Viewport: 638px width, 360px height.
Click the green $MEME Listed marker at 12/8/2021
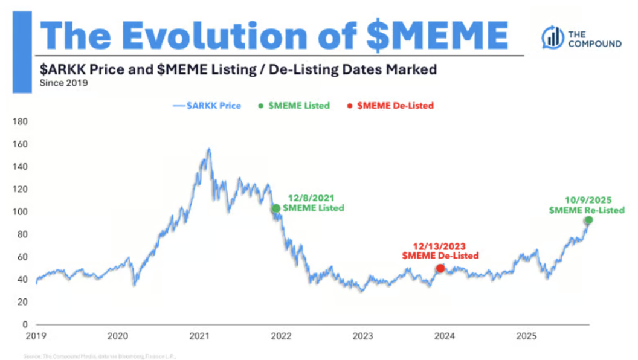(276, 208)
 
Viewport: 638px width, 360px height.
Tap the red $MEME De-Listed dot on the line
(440, 268)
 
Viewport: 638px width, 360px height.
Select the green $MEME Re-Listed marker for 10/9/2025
(588, 220)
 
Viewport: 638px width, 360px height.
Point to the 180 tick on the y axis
(21, 121)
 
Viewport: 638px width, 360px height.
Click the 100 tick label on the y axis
(21, 212)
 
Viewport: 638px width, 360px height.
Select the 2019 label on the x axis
(36, 336)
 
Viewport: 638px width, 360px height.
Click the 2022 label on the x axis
(281, 336)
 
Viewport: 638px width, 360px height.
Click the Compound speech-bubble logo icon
(551, 37)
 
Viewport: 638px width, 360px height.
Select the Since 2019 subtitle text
(64, 83)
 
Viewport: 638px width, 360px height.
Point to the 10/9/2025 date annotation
(587, 199)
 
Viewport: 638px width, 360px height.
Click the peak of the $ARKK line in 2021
(209, 149)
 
